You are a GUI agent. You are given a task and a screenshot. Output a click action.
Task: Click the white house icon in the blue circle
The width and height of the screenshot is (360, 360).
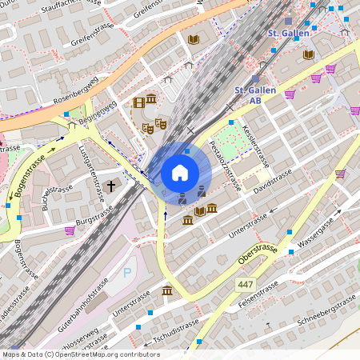[x=180, y=172]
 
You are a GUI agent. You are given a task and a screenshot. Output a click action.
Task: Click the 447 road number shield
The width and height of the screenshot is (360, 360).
[x=246, y=285]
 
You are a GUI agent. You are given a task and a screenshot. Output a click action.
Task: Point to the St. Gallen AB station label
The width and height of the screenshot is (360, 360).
[x=255, y=95]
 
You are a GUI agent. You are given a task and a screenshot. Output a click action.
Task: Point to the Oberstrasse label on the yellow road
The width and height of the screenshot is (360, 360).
[x=258, y=255]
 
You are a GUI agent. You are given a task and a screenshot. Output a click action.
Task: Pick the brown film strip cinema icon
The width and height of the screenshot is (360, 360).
[x=140, y=102]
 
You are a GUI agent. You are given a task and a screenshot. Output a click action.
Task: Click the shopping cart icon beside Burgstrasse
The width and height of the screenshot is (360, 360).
[x=70, y=230]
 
